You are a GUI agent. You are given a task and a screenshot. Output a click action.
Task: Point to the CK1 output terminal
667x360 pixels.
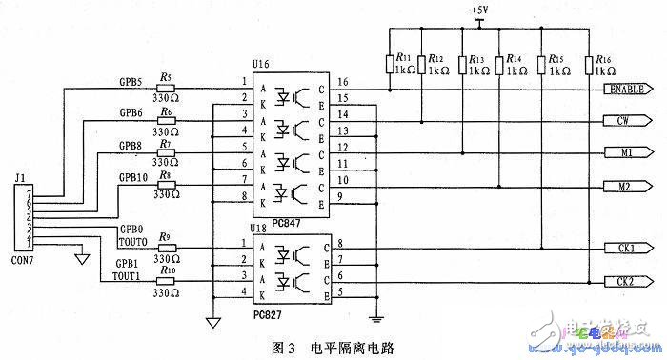pyautogui.click(x=628, y=249)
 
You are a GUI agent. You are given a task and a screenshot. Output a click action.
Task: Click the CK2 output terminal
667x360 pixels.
pyautogui.click(x=628, y=281)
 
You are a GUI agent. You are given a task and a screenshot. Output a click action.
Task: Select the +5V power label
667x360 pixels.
pyautogui.click(x=480, y=10)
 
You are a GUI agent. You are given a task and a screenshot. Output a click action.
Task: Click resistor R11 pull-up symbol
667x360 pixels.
pyautogui.click(x=391, y=64)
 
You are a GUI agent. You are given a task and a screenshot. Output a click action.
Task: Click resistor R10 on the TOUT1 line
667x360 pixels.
pyautogui.click(x=167, y=279)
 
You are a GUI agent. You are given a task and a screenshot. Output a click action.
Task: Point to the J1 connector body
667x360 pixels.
pyautogui.click(x=20, y=219)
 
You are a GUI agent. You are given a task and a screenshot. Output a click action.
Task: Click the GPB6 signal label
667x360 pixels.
pyautogui.click(x=132, y=112)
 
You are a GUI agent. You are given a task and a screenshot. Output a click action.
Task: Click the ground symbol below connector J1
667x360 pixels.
pyautogui.click(x=82, y=256)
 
